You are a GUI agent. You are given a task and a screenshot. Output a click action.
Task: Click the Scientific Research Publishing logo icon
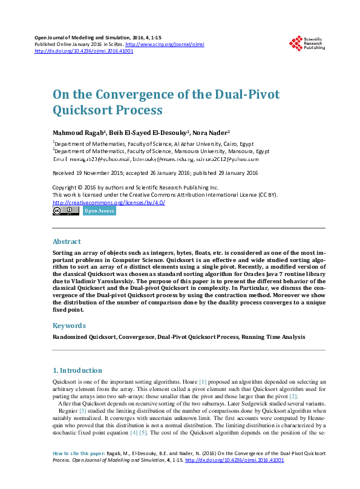click(x=296, y=43)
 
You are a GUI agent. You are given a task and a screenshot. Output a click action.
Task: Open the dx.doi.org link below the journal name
click(x=84, y=51)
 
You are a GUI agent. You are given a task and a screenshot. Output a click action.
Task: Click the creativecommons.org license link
click(x=109, y=202)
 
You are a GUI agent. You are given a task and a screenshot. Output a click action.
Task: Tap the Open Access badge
click(x=99, y=211)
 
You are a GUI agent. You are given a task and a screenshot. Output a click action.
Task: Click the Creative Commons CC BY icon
click(x=65, y=211)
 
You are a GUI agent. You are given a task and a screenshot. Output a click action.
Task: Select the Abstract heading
click(x=67, y=241)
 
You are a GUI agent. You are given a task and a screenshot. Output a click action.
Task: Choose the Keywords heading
click(x=70, y=326)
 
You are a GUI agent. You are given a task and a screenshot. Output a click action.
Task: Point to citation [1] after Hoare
click(x=203, y=382)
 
